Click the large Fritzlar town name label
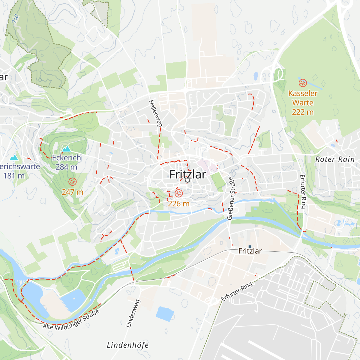click(188, 174)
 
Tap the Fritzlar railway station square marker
click(250, 247)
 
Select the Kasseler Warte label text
click(303, 98)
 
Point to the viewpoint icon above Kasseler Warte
click(303, 82)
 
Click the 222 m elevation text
click(303, 112)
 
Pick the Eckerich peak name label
click(66, 158)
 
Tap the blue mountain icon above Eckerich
click(66, 148)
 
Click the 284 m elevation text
click(66, 167)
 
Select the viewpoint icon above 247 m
click(72, 181)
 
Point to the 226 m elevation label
click(178, 204)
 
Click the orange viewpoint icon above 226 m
click(178, 193)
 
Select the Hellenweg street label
click(155, 113)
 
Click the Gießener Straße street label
click(230, 198)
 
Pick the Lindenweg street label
click(133, 313)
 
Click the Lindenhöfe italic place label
click(128, 345)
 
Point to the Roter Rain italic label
click(335, 159)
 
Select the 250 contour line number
click(15, 19)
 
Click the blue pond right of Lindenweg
click(165, 313)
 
